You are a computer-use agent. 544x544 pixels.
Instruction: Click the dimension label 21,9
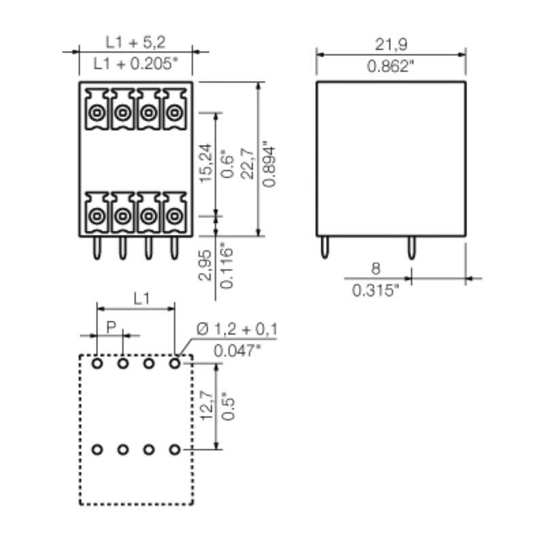(x=390, y=44)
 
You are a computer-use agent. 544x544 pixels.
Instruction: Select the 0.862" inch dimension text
(x=390, y=66)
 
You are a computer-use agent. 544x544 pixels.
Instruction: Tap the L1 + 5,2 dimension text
(x=135, y=42)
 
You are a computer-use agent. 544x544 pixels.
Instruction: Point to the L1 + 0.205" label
(x=135, y=65)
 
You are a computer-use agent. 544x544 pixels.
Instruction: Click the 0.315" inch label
(x=375, y=290)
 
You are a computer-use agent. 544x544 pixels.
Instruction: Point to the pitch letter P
(x=110, y=327)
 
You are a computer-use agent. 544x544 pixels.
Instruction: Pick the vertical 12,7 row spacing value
(x=207, y=405)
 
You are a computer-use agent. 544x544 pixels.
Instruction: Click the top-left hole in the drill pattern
(x=97, y=364)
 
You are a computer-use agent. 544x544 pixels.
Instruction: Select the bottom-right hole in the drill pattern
(x=175, y=449)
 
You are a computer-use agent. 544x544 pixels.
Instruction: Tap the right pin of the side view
(x=411, y=249)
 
